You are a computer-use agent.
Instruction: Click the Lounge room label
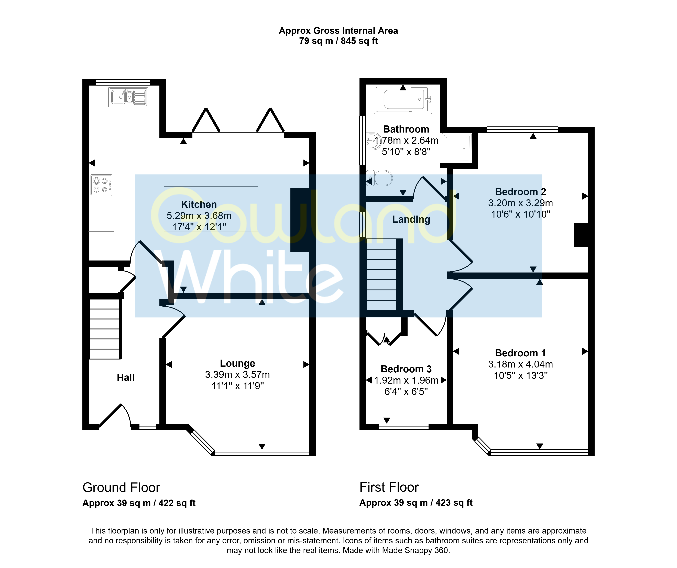click(238, 363)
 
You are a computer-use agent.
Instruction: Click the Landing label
click(411, 220)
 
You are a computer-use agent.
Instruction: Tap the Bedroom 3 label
click(406, 369)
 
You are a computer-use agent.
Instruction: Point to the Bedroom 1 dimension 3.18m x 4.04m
click(521, 364)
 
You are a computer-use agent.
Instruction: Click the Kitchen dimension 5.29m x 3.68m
click(199, 216)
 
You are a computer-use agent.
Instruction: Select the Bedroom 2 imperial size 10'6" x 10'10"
click(521, 214)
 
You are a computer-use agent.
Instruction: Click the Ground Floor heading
click(121, 488)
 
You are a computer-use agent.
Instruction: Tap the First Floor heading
click(389, 487)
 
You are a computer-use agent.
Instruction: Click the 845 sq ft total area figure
click(359, 41)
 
